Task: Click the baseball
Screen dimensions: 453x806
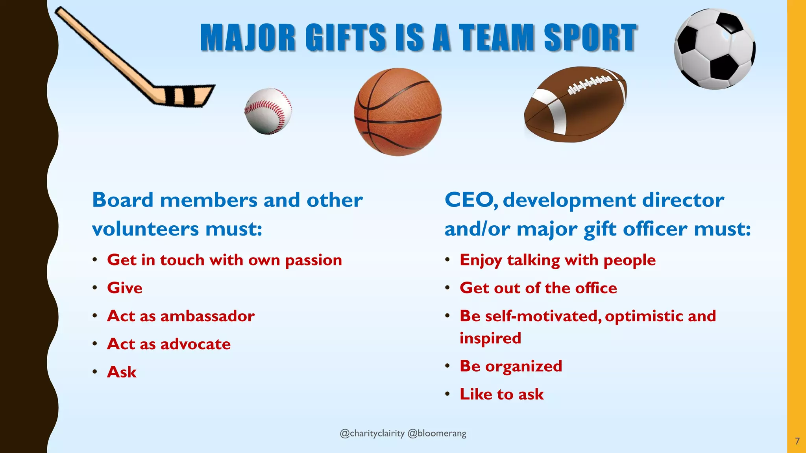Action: tap(268, 111)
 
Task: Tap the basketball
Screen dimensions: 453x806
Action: tap(397, 112)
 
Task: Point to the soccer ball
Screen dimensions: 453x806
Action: tap(714, 49)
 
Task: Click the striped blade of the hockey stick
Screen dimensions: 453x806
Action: tap(185, 95)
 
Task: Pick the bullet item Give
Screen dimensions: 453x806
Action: tap(125, 288)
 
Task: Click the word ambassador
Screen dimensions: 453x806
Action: tap(207, 316)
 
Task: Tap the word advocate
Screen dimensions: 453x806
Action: tap(196, 344)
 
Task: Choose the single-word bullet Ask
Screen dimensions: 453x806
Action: tap(122, 372)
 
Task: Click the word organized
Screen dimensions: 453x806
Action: tap(523, 366)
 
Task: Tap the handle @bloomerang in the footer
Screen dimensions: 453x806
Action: tap(437, 433)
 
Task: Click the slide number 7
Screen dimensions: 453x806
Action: tap(797, 441)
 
